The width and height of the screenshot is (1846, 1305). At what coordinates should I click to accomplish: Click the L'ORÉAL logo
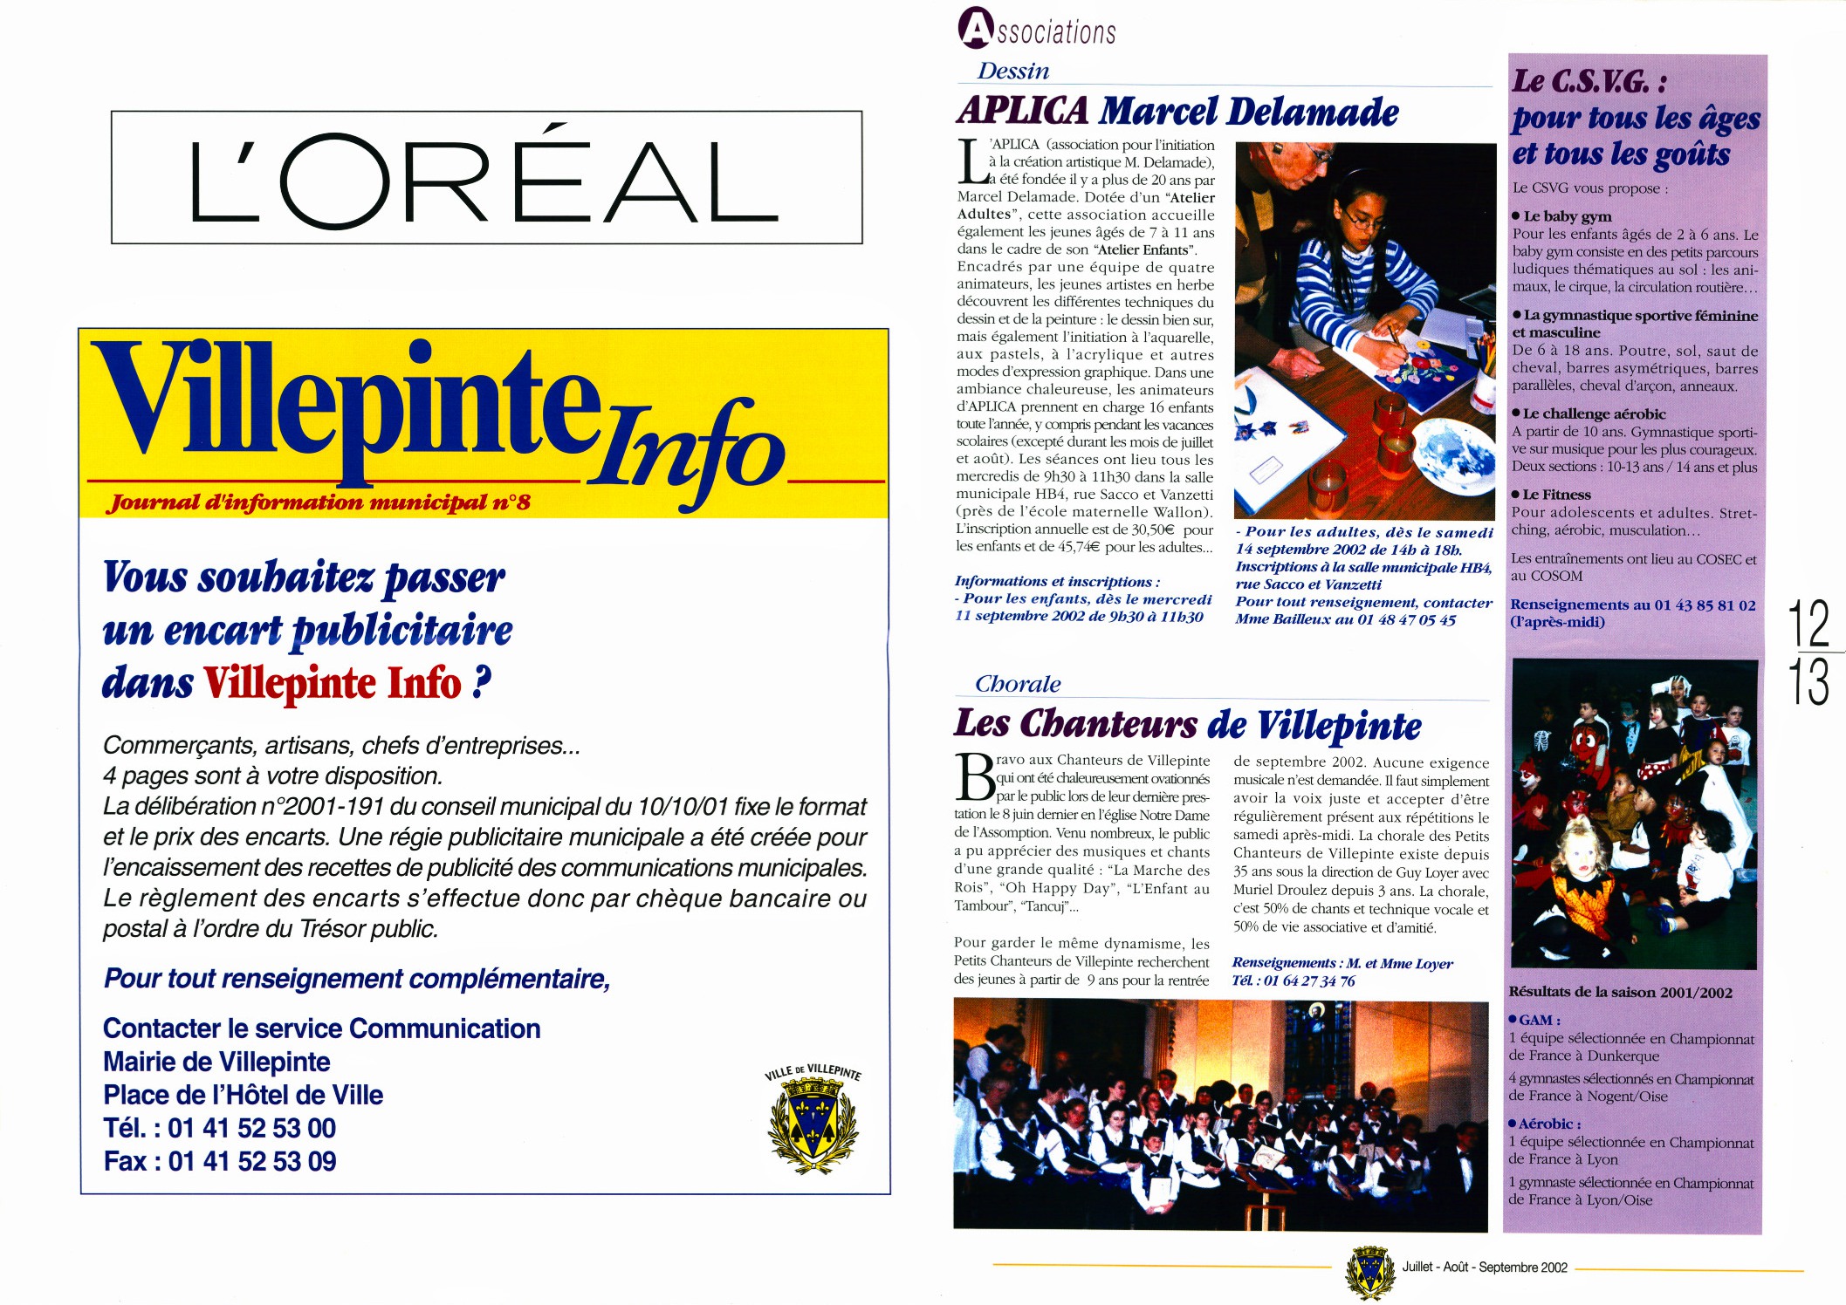[x=485, y=178]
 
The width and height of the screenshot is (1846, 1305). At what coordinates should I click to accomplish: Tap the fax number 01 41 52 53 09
[x=252, y=1162]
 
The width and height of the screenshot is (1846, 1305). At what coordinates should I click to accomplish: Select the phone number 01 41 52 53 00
[x=251, y=1129]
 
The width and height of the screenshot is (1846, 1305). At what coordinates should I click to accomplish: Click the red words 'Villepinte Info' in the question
[x=333, y=684]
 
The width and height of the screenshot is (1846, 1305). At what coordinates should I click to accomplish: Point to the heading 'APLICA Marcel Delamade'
[x=1177, y=112]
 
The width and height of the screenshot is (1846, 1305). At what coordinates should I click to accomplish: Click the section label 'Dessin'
[x=1012, y=72]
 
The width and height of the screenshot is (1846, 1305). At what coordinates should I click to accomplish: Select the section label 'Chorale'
[x=1018, y=685]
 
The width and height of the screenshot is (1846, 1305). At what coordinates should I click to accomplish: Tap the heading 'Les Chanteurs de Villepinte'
[x=1187, y=725]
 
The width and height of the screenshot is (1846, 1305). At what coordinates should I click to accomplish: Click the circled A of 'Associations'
[x=976, y=27]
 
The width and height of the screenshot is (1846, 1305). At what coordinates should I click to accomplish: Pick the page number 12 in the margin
[x=1808, y=622]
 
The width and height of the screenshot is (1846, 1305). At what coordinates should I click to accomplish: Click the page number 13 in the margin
[x=1808, y=682]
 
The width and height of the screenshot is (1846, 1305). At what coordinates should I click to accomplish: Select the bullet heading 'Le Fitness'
[x=1556, y=495]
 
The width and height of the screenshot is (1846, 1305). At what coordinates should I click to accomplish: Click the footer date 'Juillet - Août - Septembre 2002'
[x=1485, y=1267]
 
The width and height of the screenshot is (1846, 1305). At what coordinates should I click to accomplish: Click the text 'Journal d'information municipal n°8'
[x=319, y=502]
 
